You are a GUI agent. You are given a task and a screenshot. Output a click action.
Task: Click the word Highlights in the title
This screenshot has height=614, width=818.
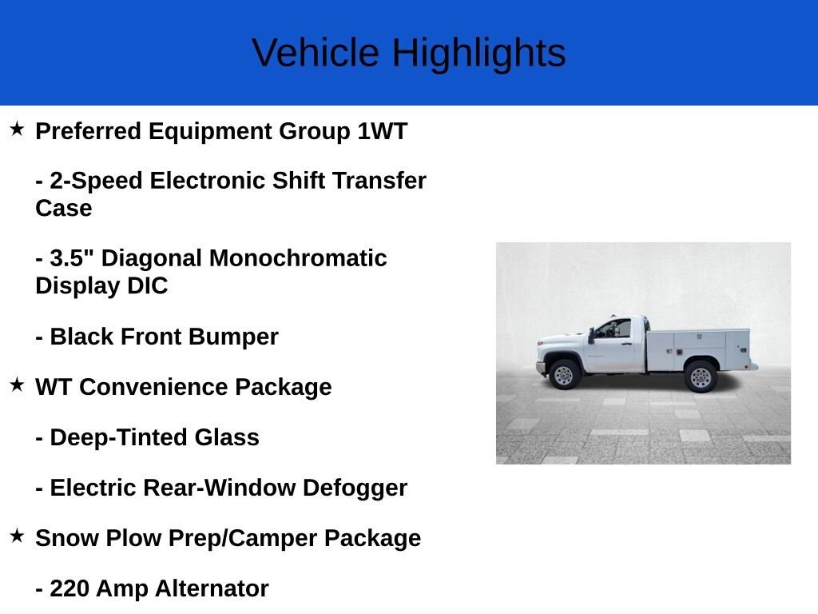click(479, 54)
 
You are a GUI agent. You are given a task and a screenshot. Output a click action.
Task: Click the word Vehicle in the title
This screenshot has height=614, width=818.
click(315, 54)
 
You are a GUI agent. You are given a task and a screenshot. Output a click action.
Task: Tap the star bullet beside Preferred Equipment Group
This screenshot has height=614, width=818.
click(17, 129)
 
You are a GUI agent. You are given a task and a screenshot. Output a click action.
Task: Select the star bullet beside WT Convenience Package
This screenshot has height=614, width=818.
click(17, 385)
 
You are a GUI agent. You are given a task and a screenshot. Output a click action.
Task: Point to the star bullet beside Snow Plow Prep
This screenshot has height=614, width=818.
click(17, 536)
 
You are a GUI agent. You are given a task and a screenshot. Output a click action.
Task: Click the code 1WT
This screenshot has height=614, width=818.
click(382, 131)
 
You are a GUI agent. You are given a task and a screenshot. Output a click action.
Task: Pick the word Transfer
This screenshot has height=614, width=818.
click(379, 181)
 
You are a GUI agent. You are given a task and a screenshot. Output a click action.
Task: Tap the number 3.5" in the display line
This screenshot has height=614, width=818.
click(71, 258)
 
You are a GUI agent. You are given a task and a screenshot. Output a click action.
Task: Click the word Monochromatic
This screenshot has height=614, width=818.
click(298, 258)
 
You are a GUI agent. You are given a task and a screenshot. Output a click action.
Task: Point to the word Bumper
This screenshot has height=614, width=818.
click(233, 337)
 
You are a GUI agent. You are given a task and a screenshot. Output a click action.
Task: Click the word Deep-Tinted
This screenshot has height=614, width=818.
click(118, 437)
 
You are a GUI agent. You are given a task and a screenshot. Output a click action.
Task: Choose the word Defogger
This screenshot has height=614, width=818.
click(355, 488)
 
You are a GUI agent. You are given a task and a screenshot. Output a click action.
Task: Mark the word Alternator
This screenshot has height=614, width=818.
click(212, 588)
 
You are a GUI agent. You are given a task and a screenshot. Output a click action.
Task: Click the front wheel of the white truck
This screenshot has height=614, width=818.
click(563, 374)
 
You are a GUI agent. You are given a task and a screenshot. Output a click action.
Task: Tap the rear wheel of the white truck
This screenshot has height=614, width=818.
click(701, 377)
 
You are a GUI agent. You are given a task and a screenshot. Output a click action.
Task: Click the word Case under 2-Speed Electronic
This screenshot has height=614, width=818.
click(64, 209)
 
